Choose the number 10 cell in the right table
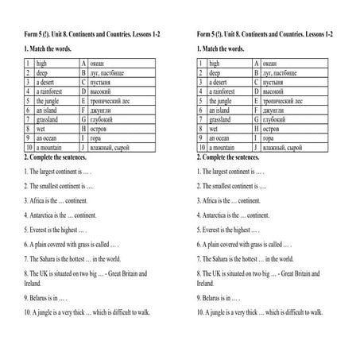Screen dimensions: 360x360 click(201, 148)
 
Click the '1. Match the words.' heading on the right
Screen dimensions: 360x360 click(224, 49)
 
